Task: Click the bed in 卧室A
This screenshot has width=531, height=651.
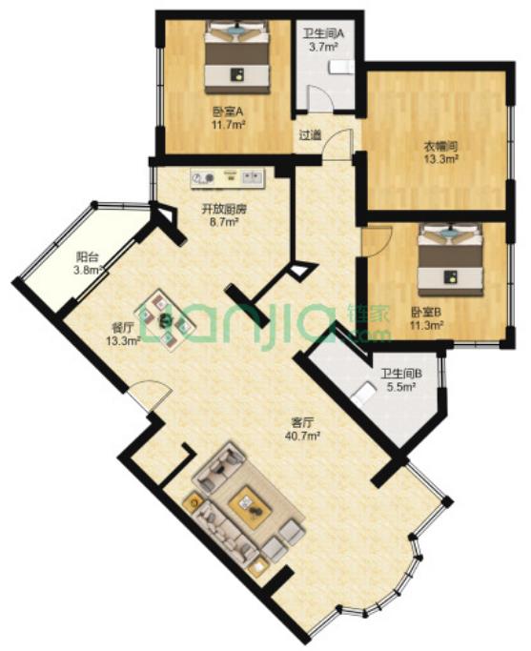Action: (x=237, y=56)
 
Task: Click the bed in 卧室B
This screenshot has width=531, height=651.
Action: (x=451, y=259)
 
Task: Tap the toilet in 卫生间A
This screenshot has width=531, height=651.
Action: (x=341, y=68)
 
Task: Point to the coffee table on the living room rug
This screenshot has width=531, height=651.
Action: (x=250, y=505)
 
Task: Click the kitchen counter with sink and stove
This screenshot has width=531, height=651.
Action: (x=227, y=178)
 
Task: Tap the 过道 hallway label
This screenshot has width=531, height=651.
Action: (x=311, y=135)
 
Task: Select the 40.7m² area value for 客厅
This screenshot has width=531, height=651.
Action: (x=302, y=436)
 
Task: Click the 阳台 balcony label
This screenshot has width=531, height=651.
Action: (x=88, y=257)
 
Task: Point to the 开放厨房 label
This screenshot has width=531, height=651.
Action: (x=224, y=210)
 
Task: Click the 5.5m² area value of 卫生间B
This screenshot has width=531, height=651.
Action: (x=401, y=387)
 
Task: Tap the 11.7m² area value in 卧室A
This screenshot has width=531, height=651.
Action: (x=228, y=125)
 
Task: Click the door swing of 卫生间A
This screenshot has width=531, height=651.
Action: (x=319, y=98)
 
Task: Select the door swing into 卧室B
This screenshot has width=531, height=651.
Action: (x=377, y=242)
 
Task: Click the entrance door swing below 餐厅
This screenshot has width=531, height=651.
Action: (x=149, y=395)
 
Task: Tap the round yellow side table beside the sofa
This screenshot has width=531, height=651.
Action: (x=194, y=503)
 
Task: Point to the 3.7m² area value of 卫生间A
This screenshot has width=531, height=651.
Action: (x=322, y=47)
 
